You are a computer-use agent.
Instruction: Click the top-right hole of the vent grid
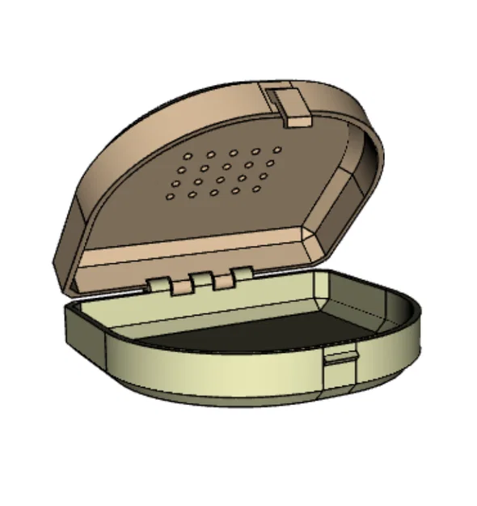coord(278,150)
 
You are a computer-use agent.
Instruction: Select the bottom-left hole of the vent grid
coord(171,195)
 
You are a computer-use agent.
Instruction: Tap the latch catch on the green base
coord(339,364)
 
